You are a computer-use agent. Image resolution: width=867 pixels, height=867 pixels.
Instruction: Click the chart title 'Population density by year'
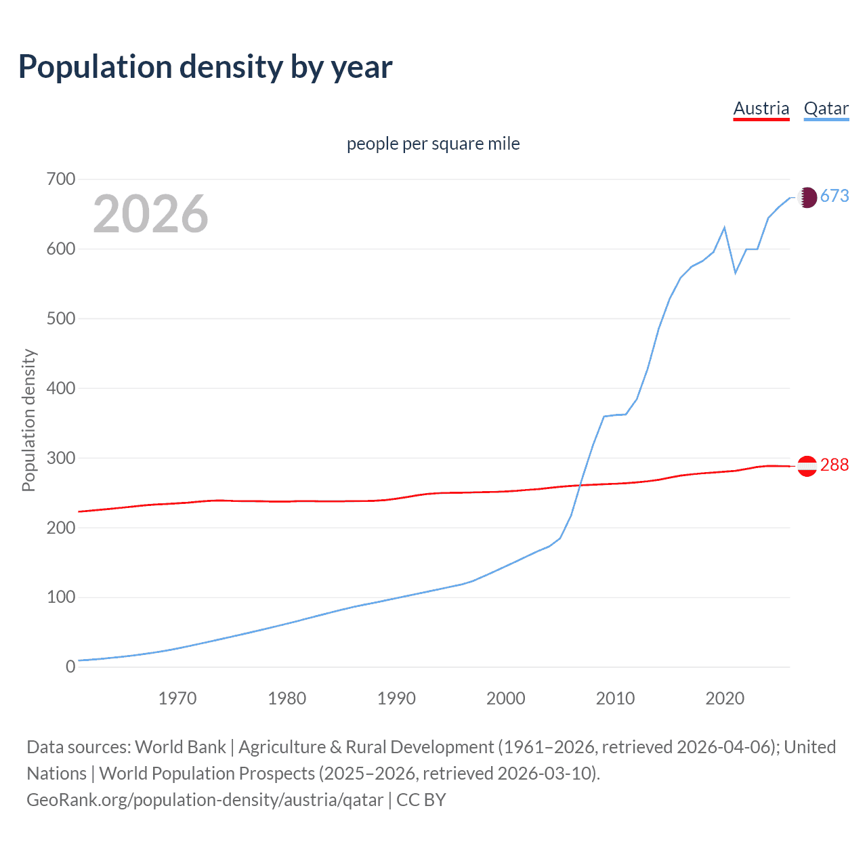pos(205,66)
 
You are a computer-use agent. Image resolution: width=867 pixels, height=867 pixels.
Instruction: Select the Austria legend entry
pos(761,108)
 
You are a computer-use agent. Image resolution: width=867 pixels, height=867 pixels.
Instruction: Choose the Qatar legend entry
pos(826,108)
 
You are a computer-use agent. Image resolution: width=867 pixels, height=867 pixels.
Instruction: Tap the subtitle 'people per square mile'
pos(433,144)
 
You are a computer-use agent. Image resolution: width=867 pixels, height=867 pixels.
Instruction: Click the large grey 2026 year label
pos(150,214)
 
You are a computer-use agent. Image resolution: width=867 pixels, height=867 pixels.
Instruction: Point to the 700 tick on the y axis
pos(60,179)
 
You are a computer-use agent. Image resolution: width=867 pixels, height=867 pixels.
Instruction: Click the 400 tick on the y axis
pos(60,389)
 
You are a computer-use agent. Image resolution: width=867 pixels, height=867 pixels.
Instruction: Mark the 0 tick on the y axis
pos(70,667)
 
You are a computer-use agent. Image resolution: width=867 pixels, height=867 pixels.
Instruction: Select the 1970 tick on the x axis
pos(177,698)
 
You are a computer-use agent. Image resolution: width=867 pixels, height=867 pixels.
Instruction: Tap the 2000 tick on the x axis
pos(505,698)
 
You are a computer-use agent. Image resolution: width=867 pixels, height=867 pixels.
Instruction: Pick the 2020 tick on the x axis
pos(725,698)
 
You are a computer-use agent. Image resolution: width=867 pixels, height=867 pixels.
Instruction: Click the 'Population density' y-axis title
pos(28,420)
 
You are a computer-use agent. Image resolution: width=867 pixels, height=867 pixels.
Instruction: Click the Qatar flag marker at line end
pos(807,197)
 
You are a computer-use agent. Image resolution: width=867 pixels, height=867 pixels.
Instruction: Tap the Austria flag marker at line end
pos(807,466)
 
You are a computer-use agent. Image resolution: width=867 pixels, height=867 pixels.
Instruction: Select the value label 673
pos(834,196)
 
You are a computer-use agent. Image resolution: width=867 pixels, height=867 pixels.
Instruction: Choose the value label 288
pos(834,465)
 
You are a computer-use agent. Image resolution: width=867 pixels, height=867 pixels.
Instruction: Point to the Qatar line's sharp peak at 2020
pos(725,228)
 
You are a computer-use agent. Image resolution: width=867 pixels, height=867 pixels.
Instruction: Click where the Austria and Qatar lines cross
pos(580,485)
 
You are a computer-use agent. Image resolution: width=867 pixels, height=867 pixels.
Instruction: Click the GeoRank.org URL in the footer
pos(205,800)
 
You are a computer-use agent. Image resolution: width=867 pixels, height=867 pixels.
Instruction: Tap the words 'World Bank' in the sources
pos(180,747)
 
